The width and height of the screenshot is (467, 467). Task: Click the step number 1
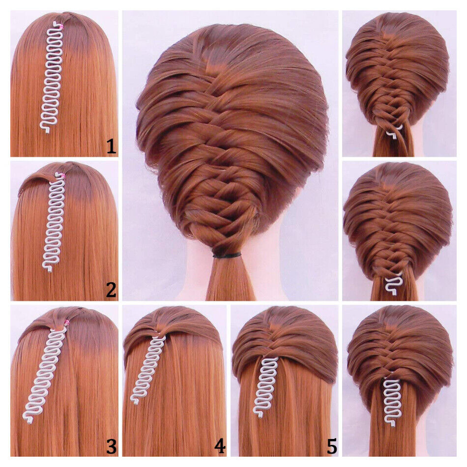[x=112, y=146]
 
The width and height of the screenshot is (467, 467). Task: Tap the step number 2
[x=112, y=291]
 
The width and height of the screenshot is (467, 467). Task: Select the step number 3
[x=112, y=447]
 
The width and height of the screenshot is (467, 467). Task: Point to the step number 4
[x=220, y=447]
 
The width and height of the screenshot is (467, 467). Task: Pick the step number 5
[x=332, y=447]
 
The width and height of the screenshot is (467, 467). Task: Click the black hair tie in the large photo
[x=227, y=256]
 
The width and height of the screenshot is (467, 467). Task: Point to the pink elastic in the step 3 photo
[x=66, y=323]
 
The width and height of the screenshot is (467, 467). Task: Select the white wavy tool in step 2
[x=55, y=221]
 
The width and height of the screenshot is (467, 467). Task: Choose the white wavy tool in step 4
[x=149, y=369]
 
